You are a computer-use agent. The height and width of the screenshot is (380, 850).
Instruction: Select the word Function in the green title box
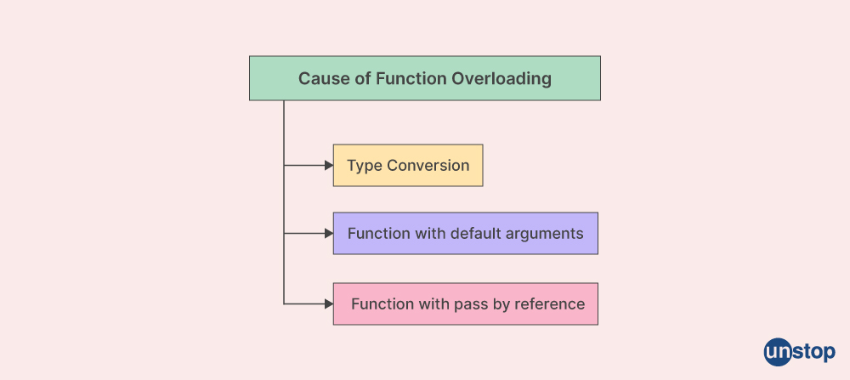[411, 78]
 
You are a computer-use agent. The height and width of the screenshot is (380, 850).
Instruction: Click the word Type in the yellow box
[365, 166]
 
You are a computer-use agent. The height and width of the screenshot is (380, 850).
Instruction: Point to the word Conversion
[428, 165]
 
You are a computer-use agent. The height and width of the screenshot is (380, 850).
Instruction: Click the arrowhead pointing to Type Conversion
[329, 165]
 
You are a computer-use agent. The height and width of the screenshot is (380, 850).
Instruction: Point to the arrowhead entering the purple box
[329, 234]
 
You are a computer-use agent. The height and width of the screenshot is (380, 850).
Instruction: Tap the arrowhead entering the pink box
[329, 304]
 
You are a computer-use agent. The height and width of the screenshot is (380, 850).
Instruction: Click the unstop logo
[800, 352]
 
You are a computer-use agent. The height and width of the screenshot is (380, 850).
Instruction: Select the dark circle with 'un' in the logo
[779, 352]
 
